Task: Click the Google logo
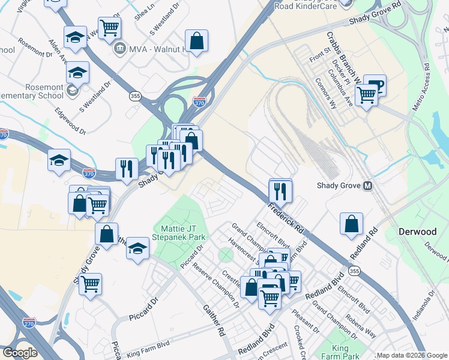[20, 353]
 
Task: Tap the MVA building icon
[119, 47]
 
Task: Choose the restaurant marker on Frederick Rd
[280, 191]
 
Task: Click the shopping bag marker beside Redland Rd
[351, 224]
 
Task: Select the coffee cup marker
[375, 85]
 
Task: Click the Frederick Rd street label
[286, 217]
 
